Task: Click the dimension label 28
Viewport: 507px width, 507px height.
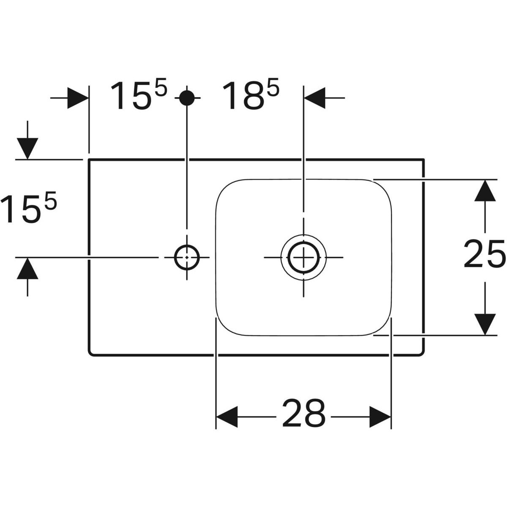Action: coord(304,417)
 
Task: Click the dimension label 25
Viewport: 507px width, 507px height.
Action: coord(485,254)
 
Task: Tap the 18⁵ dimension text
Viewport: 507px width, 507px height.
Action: coord(251,95)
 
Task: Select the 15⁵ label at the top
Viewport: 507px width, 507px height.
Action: coord(139,95)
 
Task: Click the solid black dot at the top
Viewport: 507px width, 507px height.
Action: coord(187,98)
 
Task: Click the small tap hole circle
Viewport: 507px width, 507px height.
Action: coord(187,257)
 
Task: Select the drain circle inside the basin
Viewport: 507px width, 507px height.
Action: coord(304,257)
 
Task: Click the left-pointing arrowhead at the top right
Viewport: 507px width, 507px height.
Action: coord(315,98)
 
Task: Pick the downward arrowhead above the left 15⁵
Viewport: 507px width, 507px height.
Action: coord(27,149)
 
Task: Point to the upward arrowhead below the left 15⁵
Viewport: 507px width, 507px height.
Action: coord(27,268)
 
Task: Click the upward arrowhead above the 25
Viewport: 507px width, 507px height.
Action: coord(485,191)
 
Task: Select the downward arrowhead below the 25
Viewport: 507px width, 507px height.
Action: coord(485,324)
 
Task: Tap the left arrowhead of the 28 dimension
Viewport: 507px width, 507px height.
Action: coord(227,417)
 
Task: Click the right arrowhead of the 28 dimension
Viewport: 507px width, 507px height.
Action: coord(380,417)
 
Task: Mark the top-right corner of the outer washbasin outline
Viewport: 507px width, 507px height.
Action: coord(423,159)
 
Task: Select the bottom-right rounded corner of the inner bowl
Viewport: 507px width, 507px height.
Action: coord(384,328)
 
